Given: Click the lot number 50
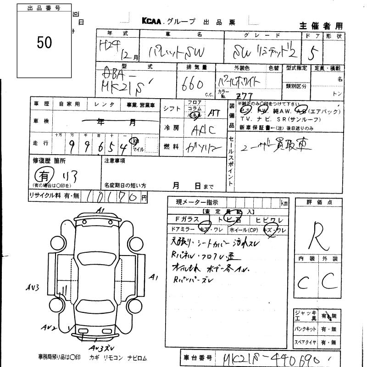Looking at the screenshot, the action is click(x=44, y=42).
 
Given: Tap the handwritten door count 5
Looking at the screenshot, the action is click(x=314, y=55).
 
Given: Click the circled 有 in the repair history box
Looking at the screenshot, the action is click(x=43, y=176).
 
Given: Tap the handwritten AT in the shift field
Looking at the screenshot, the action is click(x=214, y=112).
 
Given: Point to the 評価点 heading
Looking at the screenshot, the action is click(x=318, y=202).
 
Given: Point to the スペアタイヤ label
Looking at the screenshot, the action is click(x=307, y=342).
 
